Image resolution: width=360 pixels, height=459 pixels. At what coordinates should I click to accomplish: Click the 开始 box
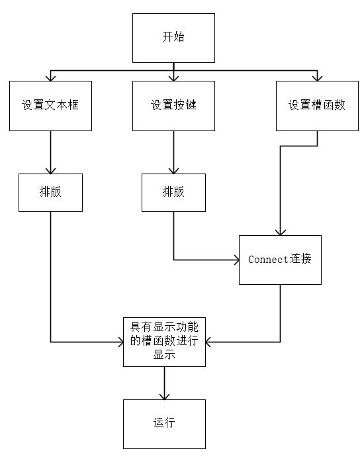coord(173,37)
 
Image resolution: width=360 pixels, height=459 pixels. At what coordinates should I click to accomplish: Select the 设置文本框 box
coord(50,105)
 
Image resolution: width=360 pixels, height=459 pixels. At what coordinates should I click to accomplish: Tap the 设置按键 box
coord(173,105)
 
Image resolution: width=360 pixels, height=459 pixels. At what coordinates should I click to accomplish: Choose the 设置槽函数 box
coord(317,105)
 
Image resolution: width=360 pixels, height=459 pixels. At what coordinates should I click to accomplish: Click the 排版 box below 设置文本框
coord(50,192)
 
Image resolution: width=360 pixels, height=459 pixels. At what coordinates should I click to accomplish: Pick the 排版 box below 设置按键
coord(173,192)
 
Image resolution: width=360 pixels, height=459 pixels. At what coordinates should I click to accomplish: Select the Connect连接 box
coord(280,260)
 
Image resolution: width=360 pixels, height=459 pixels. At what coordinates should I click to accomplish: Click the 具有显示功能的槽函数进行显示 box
coord(164,342)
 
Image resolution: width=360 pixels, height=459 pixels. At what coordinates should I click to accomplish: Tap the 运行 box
coord(164,424)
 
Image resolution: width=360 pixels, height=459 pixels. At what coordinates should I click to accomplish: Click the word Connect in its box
coord(268,260)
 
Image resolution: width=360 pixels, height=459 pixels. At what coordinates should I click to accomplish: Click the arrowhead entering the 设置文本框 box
coord(50,77)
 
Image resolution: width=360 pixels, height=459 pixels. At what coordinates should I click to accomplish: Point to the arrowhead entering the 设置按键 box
coord(173,77)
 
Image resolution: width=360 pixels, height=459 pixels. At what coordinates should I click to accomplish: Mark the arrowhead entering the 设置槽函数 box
coord(317,77)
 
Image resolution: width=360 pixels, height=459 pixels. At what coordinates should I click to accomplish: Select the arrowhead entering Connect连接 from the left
coord(234,260)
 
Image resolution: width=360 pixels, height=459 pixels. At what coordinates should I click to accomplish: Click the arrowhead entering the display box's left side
coord(119,342)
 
